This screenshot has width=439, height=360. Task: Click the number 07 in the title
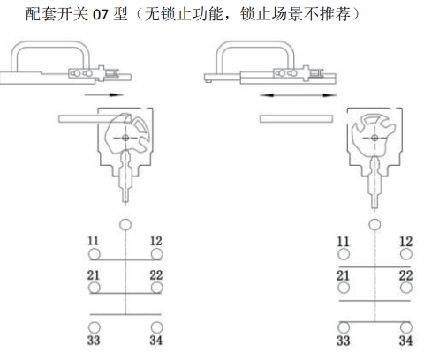coord(101,14)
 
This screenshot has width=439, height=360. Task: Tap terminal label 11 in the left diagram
coord(93,241)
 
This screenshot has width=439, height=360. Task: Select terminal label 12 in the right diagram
coord(405,242)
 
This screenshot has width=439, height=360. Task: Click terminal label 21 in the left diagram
coord(93,275)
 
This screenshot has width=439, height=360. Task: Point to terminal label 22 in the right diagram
coord(405,275)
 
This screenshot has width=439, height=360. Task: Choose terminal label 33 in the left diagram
coord(94,341)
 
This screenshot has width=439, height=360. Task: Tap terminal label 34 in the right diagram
coord(405,341)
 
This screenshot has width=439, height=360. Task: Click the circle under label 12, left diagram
coord(156,254)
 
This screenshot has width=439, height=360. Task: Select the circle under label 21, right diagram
coord(344,288)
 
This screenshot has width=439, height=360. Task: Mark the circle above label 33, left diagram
coord(95,327)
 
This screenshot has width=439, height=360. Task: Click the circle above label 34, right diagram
coord(406,327)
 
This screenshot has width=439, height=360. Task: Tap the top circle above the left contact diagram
coord(125,224)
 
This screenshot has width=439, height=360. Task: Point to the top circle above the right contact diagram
coord(375,225)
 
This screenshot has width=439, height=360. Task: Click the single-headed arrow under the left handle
coord(103,94)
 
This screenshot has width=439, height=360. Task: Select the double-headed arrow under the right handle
coord(298,95)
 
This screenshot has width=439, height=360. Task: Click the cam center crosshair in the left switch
coord(125,138)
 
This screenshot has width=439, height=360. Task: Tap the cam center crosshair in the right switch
coord(375,138)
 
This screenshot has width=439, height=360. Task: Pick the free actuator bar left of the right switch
coord(296,119)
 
